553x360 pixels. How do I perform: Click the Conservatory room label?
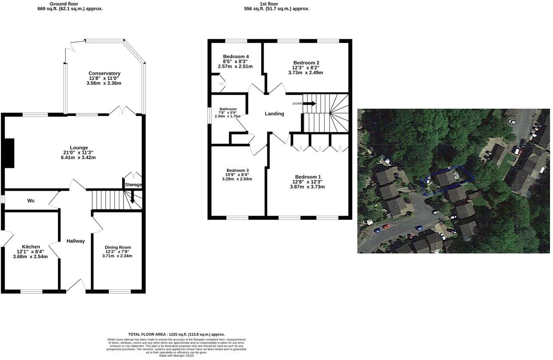[104, 73]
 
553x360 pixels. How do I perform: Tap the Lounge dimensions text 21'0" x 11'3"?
[79, 152]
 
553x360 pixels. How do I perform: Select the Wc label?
[31, 200]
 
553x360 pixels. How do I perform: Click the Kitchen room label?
[31, 247]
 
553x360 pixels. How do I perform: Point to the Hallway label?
[76, 241]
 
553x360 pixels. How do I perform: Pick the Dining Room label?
[118, 247]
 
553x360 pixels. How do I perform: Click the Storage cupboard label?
[133, 185]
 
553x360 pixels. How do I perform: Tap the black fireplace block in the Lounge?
[9, 153]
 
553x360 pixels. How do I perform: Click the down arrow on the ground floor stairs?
[133, 198]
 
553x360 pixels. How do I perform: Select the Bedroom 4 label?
[236, 57]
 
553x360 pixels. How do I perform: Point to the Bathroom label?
[227, 109]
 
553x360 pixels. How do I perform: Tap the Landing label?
[274, 114]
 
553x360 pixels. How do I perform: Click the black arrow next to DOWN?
[309, 103]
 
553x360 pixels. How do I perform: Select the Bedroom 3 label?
[238, 170]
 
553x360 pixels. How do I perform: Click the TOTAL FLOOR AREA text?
[176, 335]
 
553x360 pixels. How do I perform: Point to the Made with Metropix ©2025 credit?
[176, 356]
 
